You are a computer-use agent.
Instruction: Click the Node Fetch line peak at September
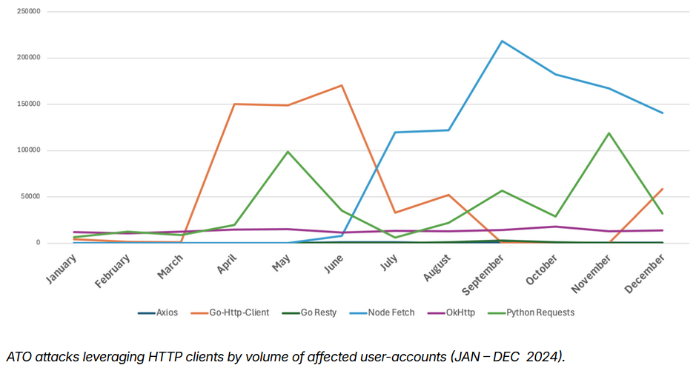tap(503, 41)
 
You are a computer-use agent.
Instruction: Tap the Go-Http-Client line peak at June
tap(342, 85)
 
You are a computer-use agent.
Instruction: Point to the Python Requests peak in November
tap(609, 133)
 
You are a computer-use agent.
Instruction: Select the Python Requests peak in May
tap(288, 151)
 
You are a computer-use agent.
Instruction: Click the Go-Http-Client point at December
tap(663, 189)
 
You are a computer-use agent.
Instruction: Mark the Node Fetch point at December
tap(663, 113)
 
